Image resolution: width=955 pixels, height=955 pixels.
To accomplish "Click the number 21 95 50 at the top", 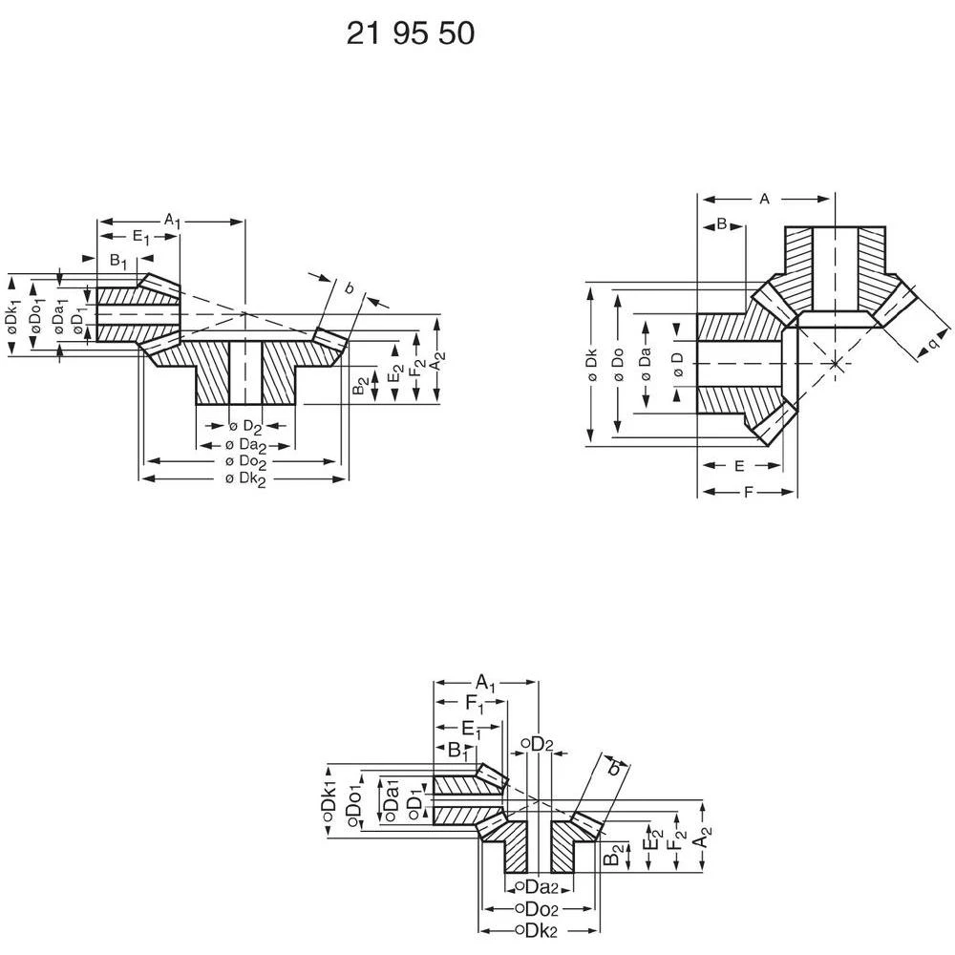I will [x=410, y=34].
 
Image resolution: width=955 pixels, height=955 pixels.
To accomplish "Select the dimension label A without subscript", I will [x=764, y=199].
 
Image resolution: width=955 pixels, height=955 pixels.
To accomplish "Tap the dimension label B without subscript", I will [x=722, y=223].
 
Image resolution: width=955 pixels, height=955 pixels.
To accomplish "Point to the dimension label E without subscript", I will [x=740, y=466].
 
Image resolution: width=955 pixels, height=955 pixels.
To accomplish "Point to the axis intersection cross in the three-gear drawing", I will [x=836, y=364].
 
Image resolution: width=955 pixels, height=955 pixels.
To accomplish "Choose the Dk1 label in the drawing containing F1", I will [x=329, y=804].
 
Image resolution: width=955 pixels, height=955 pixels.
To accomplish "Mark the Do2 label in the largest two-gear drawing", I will [x=244, y=461].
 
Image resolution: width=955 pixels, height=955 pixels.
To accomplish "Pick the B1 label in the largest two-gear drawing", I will [x=117, y=260].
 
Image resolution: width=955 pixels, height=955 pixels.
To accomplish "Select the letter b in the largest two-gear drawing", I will [x=349, y=286].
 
